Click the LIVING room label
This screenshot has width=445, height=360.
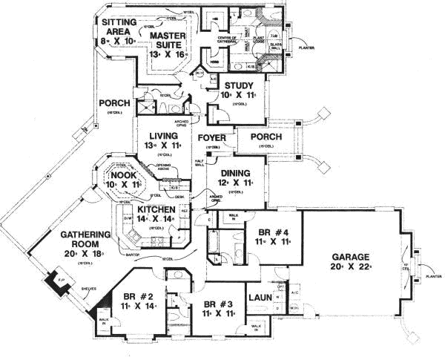162,136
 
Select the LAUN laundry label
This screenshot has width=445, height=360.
260,298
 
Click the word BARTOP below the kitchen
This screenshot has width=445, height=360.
134,254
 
